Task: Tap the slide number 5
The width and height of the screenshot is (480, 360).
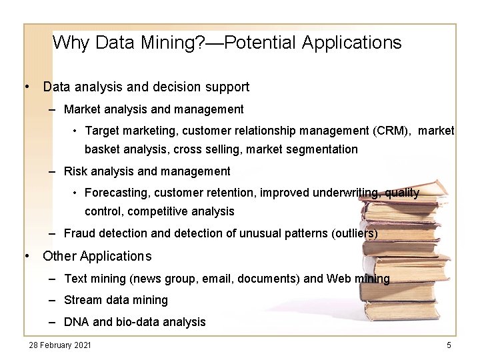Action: [x=449, y=345]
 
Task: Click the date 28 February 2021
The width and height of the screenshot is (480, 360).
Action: [x=60, y=345]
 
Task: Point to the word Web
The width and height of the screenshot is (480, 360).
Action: [x=340, y=279]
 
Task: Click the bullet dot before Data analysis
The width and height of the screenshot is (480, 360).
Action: [x=27, y=87]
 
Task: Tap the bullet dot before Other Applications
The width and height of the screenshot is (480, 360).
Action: [x=27, y=256]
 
